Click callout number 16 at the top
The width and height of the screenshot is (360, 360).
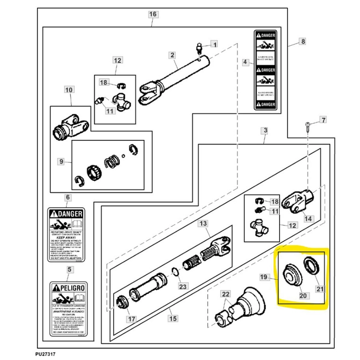pyautogui.click(x=152, y=14)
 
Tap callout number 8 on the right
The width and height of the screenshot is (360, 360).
pyautogui.click(x=302, y=41)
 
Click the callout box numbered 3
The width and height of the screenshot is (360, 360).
pyautogui.click(x=265, y=131)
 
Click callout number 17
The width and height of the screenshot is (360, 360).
pyautogui.click(x=132, y=319)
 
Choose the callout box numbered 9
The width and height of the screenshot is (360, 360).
pyautogui.click(x=61, y=162)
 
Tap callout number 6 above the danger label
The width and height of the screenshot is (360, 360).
pyautogui.click(x=67, y=197)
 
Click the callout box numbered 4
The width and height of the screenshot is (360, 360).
pyautogui.click(x=245, y=62)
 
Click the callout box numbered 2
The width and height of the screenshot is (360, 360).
pyautogui.click(x=172, y=55)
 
